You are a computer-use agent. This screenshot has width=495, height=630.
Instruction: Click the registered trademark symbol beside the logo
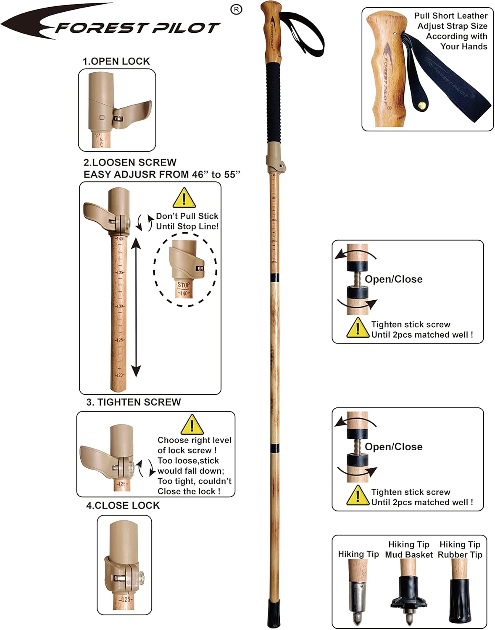pos(237,10)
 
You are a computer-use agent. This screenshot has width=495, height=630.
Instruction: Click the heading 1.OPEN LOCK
pos(116,61)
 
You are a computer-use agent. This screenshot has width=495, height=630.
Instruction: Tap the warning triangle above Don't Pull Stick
pos(184,198)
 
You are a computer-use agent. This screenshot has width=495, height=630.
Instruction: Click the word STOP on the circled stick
pos(184,285)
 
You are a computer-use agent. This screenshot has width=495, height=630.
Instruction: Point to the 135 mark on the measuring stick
pos(120,272)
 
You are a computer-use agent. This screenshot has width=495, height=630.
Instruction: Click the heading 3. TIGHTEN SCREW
pos(133,402)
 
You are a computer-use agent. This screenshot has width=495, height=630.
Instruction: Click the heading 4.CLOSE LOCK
pos(123,505)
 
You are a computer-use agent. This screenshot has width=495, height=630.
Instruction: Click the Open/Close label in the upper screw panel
pos(393,279)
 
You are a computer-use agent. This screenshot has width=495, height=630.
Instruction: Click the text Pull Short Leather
pos(450,16)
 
